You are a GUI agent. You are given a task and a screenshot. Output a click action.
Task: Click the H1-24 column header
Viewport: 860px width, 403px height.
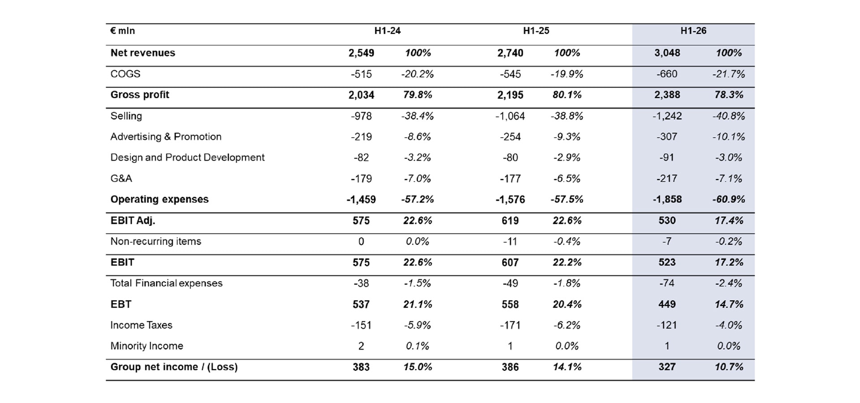387,31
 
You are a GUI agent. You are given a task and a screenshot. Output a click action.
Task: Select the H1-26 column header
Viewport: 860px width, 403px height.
693,31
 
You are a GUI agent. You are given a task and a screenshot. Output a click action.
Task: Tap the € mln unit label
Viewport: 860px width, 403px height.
123,31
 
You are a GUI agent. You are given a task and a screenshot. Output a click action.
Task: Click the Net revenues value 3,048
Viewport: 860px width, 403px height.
667,53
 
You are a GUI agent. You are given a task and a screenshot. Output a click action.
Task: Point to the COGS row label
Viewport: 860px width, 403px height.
125,74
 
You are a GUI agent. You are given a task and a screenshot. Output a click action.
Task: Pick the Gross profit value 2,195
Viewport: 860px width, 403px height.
510,95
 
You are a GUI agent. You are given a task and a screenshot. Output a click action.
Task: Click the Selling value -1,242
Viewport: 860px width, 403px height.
667,116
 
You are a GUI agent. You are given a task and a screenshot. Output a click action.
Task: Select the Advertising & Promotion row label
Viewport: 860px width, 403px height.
166,137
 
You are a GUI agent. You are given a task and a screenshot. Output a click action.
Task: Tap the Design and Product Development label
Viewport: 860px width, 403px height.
187,158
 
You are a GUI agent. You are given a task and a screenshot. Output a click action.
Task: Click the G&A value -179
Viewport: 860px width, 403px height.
361,179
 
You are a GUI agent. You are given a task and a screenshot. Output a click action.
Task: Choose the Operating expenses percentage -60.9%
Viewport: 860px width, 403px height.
729,199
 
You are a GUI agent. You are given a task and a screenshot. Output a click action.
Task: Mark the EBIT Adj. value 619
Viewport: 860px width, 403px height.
510,220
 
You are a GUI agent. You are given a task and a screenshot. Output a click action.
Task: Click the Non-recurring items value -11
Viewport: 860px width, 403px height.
510,241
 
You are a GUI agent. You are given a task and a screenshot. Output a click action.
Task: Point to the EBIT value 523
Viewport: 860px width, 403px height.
667,262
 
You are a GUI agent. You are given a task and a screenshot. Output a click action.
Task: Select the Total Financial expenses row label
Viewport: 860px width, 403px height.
166,283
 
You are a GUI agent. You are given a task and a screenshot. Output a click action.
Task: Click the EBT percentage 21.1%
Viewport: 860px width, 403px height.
417,304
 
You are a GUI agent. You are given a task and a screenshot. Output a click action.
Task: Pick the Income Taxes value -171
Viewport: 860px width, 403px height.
510,325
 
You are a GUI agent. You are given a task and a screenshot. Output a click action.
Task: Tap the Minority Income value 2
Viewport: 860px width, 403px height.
361,346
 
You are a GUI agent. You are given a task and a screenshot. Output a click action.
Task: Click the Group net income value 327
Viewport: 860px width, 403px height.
667,367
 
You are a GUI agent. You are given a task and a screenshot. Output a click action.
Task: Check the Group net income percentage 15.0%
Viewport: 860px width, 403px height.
417,367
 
